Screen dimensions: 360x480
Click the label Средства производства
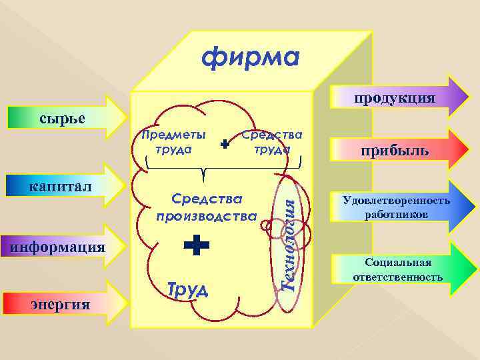click(206, 207)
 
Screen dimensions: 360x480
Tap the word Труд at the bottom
click(187, 289)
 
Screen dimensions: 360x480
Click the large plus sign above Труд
click(196, 245)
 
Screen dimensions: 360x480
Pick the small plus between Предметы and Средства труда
click(224, 144)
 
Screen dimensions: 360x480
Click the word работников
click(396, 215)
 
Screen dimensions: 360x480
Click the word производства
click(206, 216)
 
